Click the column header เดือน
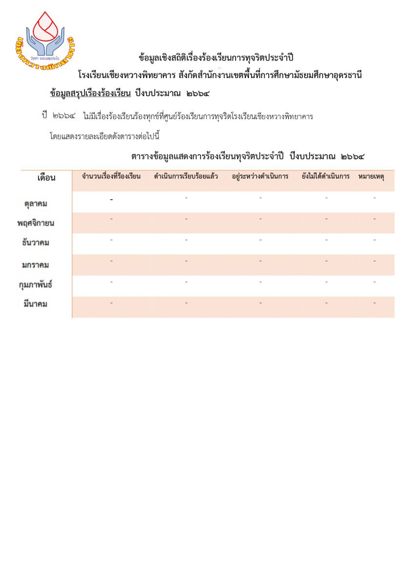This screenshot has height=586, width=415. tap(46, 177)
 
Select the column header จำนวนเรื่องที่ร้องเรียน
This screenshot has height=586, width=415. tap(111, 176)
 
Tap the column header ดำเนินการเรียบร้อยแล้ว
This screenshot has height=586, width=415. tap(186, 176)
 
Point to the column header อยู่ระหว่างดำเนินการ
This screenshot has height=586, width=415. tap(260, 176)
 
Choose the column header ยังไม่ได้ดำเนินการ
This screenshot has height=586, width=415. tap(326, 176)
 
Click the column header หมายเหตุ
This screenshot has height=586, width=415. tap(374, 176)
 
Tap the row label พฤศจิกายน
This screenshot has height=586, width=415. tap(35, 223)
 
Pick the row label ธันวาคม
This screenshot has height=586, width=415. tap(36, 243)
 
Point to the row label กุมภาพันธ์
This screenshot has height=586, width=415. tap(35, 285)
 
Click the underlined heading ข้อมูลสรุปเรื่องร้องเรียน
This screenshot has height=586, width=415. tap(90, 93)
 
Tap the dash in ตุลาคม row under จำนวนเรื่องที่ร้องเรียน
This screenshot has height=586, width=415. tap(111, 200)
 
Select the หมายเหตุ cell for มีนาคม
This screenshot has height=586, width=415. tap(374, 303)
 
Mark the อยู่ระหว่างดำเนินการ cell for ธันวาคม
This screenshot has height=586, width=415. tap(260, 240)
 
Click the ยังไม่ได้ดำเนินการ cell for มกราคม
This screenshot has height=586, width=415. tap(326, 261)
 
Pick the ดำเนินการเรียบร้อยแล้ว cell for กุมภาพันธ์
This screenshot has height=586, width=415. tap(186, 282)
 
